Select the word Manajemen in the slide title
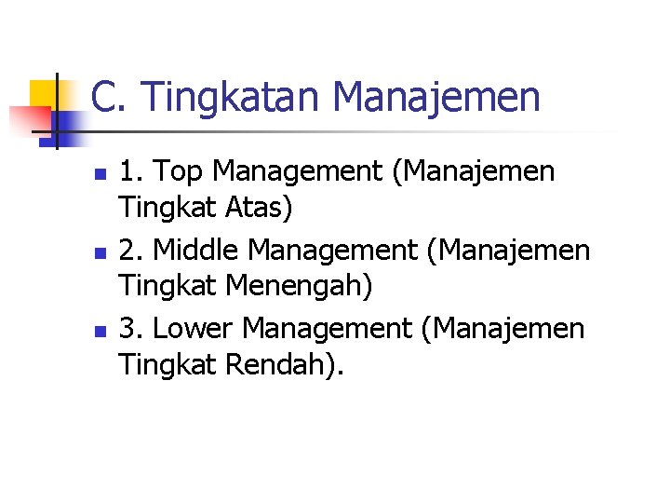point(435,98)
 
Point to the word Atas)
point(256,208)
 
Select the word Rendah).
point(285,364)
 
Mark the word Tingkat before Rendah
point(167,364)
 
